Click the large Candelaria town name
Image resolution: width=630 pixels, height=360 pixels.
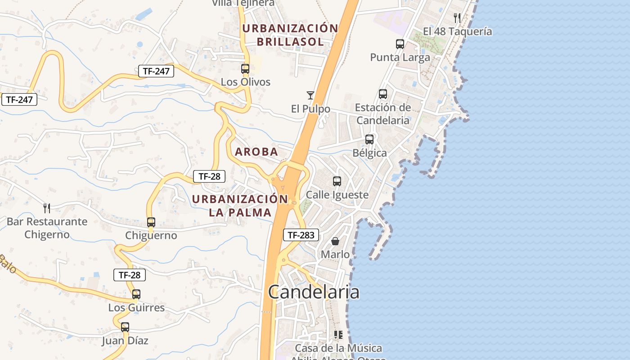314,292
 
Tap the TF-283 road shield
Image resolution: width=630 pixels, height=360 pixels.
301,235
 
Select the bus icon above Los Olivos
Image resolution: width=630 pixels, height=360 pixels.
245,69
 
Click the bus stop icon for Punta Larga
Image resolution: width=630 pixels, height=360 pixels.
400,44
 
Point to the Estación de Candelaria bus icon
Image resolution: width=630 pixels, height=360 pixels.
383,94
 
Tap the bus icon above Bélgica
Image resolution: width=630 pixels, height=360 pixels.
369,139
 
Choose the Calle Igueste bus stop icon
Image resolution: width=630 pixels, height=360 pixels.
337,181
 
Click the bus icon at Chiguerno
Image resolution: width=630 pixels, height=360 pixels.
151,222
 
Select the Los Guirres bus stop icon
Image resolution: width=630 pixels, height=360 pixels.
136,294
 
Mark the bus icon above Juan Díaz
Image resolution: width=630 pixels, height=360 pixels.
125,327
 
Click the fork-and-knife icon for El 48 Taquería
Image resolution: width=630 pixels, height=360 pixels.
457,18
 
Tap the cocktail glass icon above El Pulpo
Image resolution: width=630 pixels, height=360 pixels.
310,95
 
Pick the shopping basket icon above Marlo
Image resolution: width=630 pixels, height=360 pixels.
335,241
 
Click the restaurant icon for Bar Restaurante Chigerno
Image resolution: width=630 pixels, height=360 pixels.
47,208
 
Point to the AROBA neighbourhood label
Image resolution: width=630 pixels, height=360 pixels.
256,152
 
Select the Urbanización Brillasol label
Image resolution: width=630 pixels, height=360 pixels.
290,35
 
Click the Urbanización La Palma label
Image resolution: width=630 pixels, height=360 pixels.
240,206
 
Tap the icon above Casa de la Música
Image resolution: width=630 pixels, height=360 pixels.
338,335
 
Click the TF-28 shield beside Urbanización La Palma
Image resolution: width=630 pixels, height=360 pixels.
209,176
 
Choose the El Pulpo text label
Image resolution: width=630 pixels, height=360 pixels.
310,109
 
